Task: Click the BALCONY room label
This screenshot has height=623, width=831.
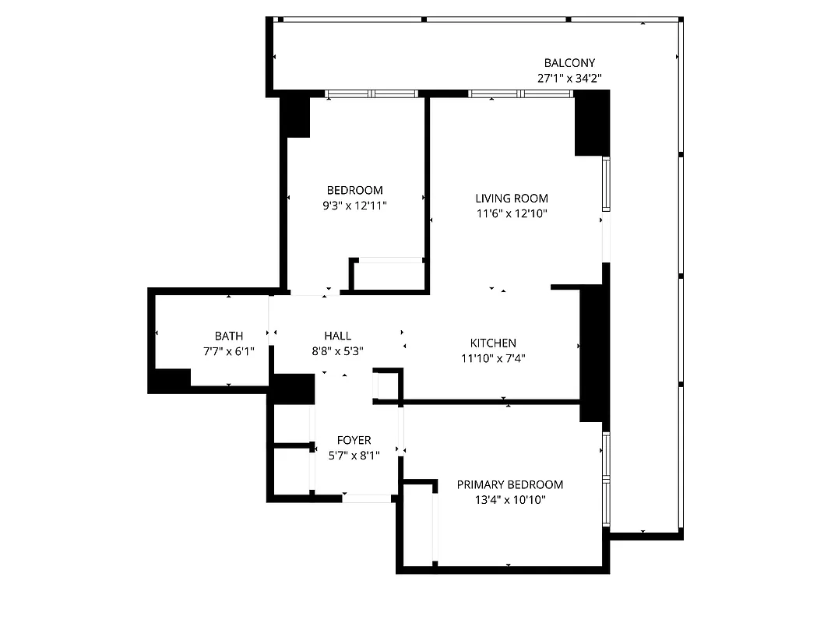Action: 569,63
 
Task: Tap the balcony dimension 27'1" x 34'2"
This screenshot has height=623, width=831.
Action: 569,78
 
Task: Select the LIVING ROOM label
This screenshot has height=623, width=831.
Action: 512,198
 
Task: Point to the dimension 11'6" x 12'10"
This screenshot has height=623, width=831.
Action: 512,213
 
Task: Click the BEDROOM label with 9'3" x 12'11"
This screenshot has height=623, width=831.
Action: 354,190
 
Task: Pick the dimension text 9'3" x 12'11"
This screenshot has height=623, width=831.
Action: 354,206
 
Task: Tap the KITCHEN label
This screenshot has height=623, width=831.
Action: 492,343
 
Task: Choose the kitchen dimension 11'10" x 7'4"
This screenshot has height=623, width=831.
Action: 492,358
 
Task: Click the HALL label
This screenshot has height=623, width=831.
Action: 337,336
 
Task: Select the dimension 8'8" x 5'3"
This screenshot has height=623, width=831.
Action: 337,351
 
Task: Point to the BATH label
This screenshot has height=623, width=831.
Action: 228,336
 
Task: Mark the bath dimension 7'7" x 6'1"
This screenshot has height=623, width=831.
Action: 228,351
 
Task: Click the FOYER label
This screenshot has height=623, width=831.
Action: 354,440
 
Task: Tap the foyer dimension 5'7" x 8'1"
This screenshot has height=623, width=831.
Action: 354,456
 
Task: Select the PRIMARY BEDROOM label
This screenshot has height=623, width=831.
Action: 509,484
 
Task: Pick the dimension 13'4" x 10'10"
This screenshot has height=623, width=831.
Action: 509,500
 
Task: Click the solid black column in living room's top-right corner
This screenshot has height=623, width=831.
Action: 591,122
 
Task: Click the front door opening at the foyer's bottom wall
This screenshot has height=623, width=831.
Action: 367,498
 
